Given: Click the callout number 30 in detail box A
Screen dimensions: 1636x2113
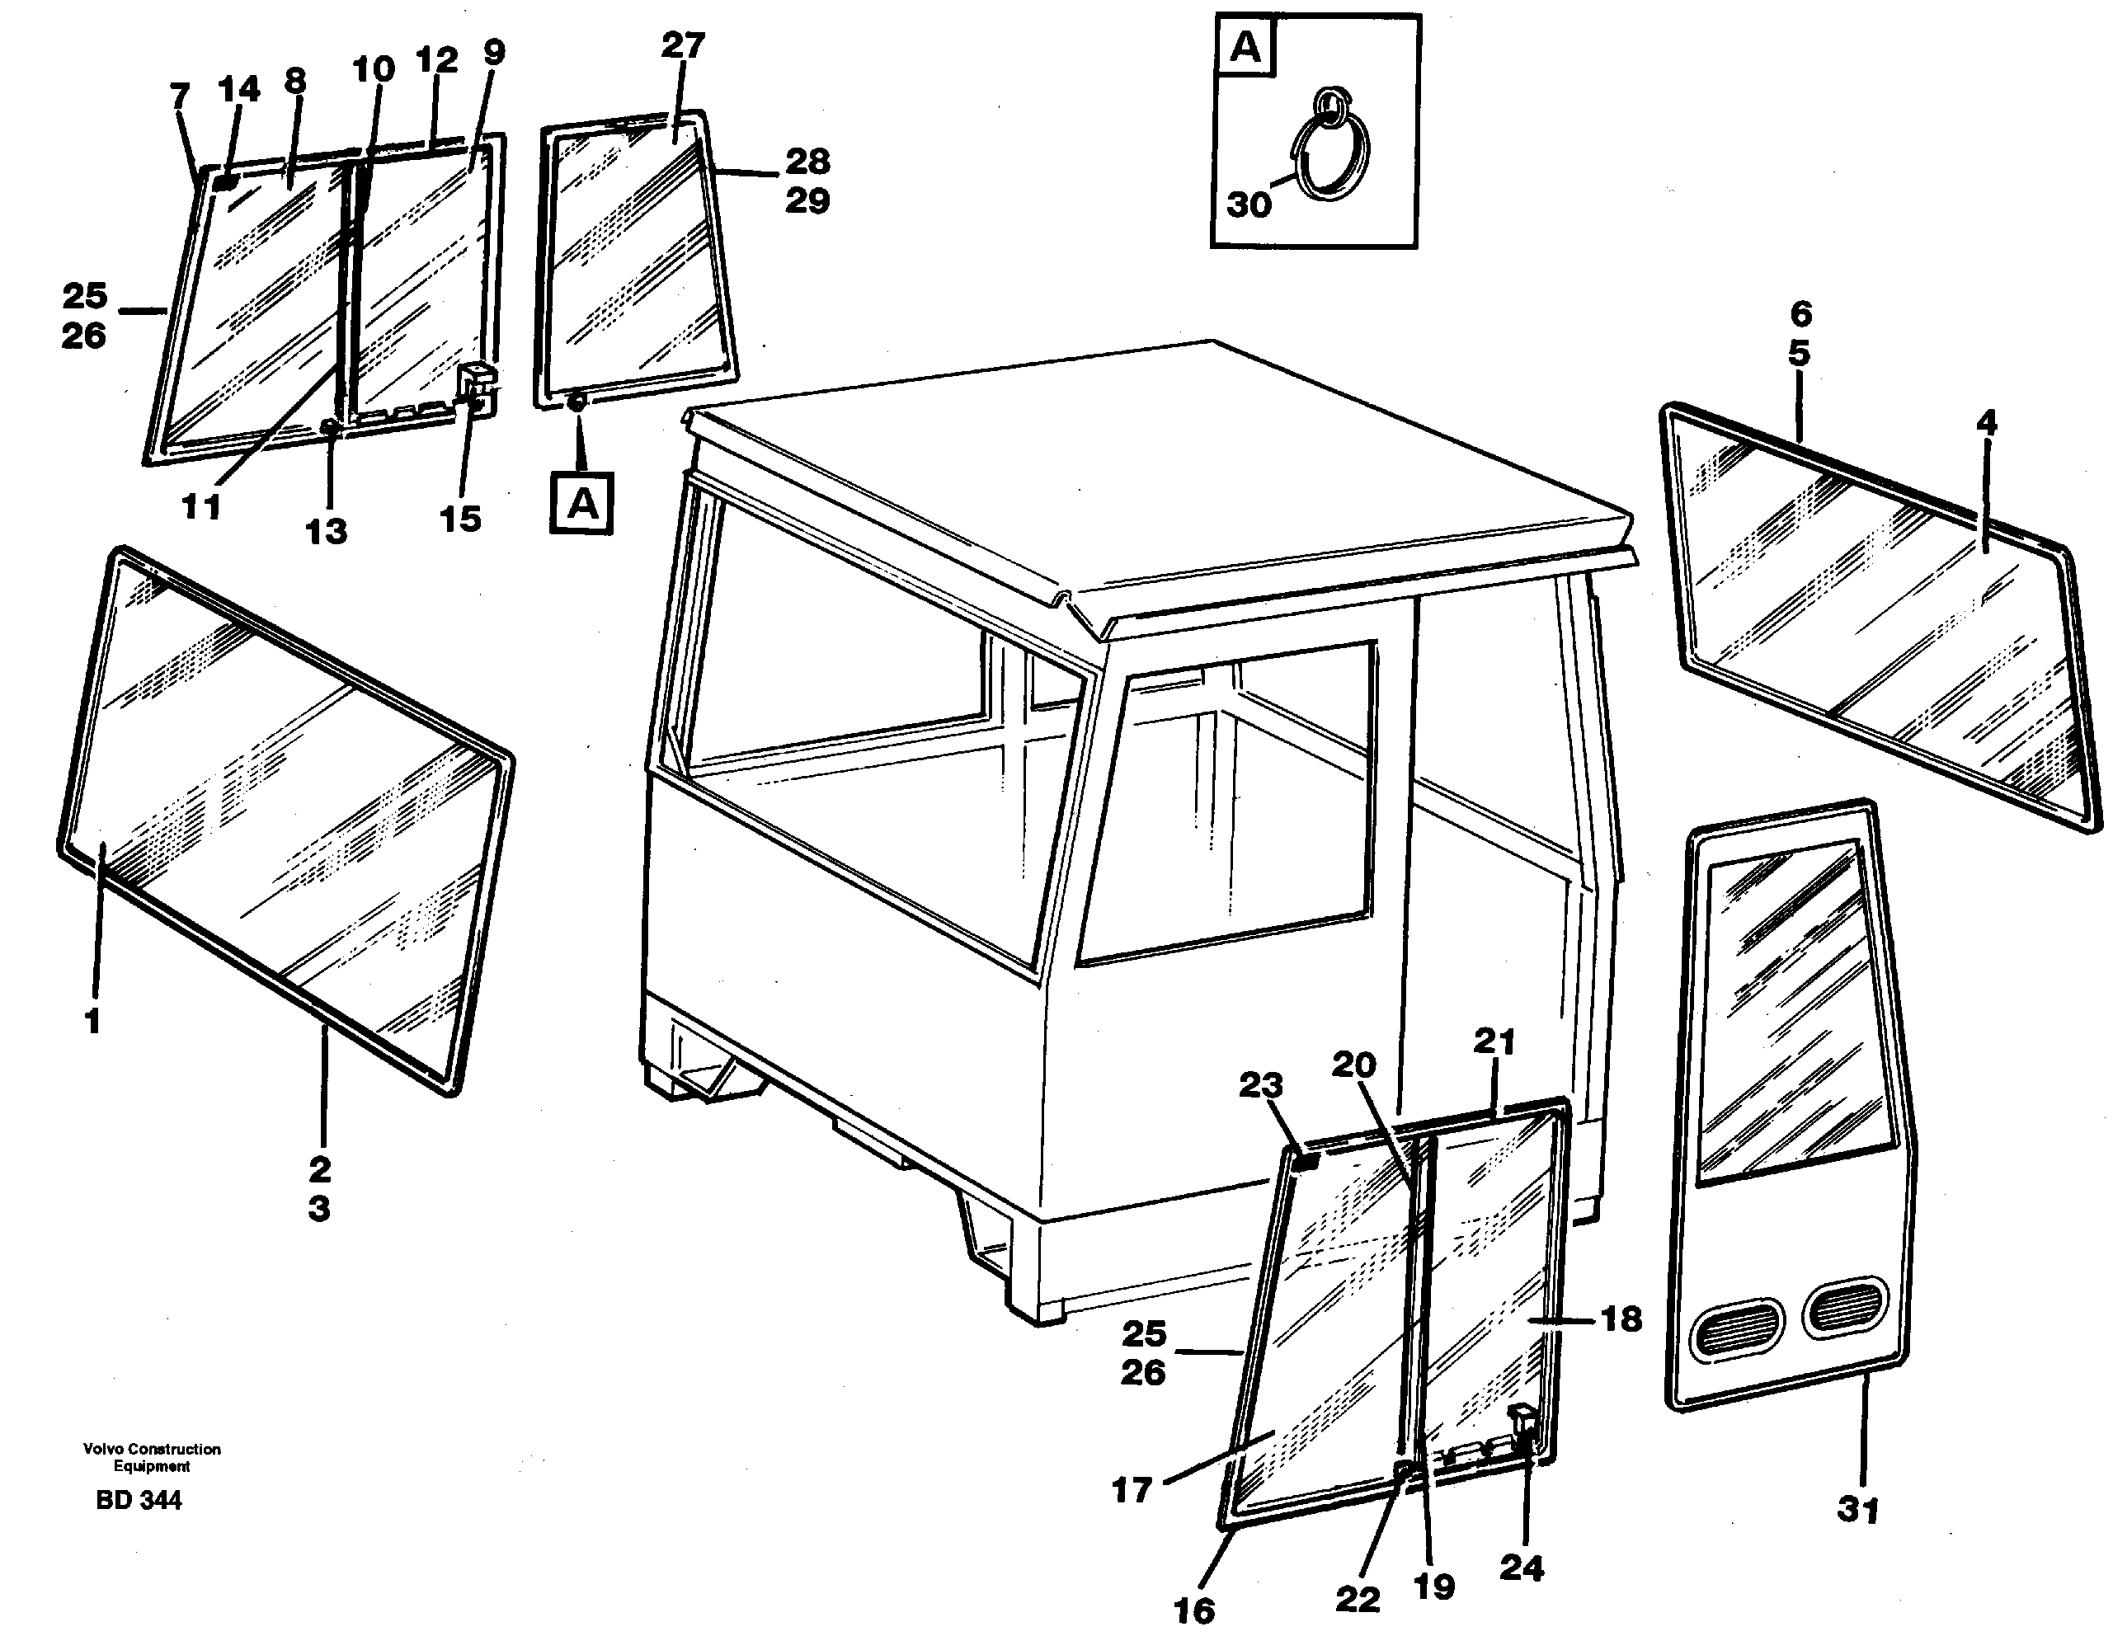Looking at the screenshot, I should click(x=1248, y=204).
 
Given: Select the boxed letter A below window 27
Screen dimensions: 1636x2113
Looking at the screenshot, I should click(x=581, y=503).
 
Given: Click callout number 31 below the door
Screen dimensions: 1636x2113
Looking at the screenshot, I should click(x=1857, y=1509).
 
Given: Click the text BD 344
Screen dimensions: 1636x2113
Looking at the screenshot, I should click(x=139, y=1501).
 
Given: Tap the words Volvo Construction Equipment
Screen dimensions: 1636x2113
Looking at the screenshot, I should click(x=152, y=1457).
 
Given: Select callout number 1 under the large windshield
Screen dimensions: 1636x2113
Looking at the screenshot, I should click(x=93, y=1021).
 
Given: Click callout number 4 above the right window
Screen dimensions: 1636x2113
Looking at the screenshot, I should click(x=1986, y=423).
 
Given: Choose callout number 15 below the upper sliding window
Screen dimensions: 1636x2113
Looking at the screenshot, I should click(x=459, y=519).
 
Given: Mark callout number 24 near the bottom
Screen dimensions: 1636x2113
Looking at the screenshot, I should click(x=1521, y=1568).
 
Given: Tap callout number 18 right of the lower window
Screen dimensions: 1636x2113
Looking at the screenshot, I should click(x=1621, y=1319).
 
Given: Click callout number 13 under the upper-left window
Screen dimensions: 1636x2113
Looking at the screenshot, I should click(x=325, y=531).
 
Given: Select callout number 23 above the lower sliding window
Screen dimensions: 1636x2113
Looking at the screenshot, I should click(x=1261, y=1085).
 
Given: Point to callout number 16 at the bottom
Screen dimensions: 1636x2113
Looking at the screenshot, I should click(x=1194, y=1610).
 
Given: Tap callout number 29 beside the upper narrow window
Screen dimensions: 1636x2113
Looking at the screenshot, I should click(x=807, y=201).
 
